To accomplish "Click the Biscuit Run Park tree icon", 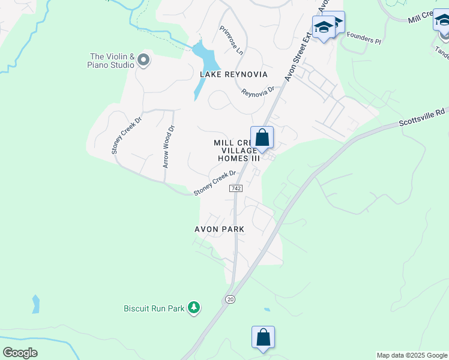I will coord(193,308).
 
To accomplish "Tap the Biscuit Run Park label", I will coord(154,308).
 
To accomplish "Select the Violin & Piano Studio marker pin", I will coord(143,59).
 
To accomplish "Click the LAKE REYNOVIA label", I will coord(234,74).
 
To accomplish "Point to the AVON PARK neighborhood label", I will coord(219,229).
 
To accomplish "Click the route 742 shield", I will coord(235,188).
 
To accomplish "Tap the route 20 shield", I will coord(230,299).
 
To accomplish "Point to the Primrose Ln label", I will coord(232,41).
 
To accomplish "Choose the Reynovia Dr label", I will coord(258,92).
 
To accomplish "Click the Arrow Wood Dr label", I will coord(169,146).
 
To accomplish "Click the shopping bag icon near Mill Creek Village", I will coord(262,138).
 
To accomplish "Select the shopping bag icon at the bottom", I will coord(263,337).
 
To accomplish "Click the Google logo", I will coord(20,353).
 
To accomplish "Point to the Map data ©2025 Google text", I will coord(412,355).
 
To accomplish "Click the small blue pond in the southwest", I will coord(36,304).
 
